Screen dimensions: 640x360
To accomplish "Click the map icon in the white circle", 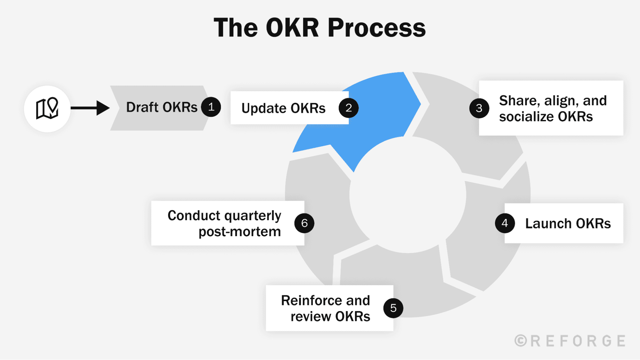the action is pos(47,108).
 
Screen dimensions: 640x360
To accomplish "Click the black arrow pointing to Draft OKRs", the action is pos(90,108).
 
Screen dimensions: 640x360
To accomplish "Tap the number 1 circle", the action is pos(211,107).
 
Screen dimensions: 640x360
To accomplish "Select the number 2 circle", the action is pos(349,108).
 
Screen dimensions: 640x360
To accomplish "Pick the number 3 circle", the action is pos(479,108).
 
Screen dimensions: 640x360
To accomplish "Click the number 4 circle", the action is pos(505,223).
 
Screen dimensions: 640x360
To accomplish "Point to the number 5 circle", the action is pos(393,308).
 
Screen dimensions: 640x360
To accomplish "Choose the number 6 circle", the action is pos(304,223).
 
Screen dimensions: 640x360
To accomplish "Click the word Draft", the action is pos(142,107).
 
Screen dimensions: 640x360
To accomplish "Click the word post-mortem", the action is pos(240,232).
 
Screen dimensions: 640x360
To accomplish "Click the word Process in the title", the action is pos(377,28).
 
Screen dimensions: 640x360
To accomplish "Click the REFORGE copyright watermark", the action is pos(570,341).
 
